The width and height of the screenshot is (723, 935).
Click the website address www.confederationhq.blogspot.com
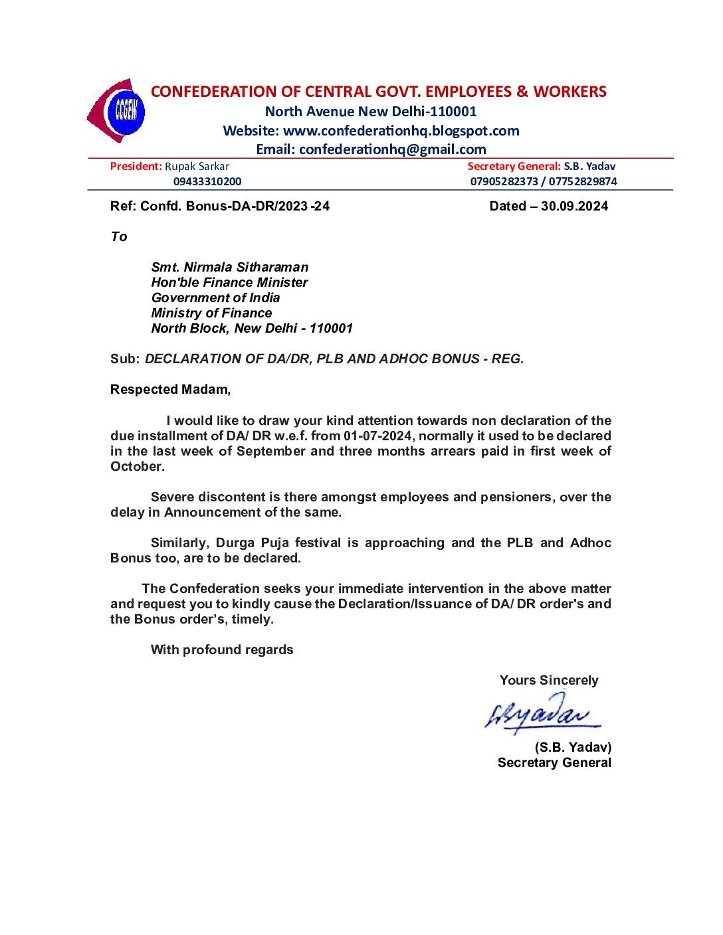click(x=401, y=131)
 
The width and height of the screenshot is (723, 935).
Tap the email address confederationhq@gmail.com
click(x=392, y=149)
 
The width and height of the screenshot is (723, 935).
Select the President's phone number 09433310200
click(x=207, y=181)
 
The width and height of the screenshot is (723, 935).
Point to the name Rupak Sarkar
click(x=197, y=167)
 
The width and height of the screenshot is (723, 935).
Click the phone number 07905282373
click(x=504, y=181)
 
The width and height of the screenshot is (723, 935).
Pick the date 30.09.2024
click(x=574, y=206)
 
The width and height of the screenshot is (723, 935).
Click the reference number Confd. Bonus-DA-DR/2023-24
click(x=235, y=206)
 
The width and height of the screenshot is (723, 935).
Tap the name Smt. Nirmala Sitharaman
click(x=230, y=267)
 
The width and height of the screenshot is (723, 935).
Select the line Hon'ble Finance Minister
click(x=229, y=282)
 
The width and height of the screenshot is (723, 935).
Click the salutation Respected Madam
click(x=169, y=389)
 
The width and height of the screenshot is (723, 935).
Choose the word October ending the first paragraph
click(x=136, y=466)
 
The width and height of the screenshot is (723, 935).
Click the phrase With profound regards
click(x=222, y=649)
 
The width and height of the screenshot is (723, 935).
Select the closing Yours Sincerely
click(x=549, y=680)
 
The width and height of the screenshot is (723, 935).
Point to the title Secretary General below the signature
click(x=554, y=762)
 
